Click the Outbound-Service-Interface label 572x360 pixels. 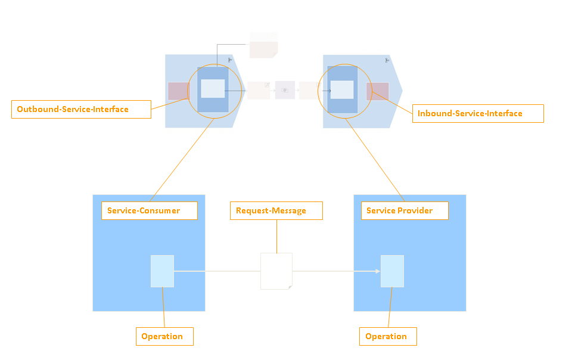[x=81, y=109]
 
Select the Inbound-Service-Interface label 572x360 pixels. [x=477, y=113]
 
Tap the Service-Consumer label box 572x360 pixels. [x=149, y=210]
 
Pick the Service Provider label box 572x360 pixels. [x=405, y=210]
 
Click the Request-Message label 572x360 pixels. [x=276, y=210]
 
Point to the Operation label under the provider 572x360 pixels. [x=388, y=336]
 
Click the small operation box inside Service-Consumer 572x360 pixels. [x=162, y=271]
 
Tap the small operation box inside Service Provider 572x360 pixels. [x=392, y=271]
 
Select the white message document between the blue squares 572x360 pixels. [x=276, y=271]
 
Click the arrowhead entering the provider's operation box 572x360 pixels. [x=378, y=271]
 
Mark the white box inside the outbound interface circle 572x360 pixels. [x=213, y=88]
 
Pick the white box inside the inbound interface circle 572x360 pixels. [x=342, y=89]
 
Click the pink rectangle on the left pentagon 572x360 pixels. [x=178, y=91]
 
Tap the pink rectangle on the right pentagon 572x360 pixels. [x=378, y=91]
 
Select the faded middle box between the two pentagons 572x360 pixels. [x=285, y=90]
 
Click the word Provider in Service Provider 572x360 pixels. [x=416, y=210]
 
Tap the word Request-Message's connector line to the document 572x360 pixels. [x=276, y=236]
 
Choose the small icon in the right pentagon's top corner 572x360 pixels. [x=387, y=60]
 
